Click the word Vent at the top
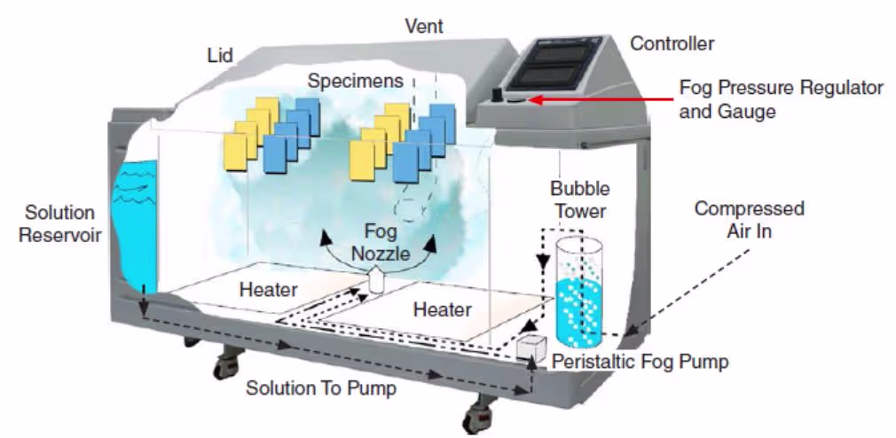424,26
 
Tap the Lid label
220,55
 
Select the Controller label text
672,43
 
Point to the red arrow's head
535,100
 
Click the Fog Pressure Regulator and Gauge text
782,99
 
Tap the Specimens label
356,81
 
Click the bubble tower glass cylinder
579,292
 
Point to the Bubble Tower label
579,199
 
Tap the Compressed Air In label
749,220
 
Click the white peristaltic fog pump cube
531,348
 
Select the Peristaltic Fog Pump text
641,362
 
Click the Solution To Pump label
321,389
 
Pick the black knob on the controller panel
499,94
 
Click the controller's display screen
548,65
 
